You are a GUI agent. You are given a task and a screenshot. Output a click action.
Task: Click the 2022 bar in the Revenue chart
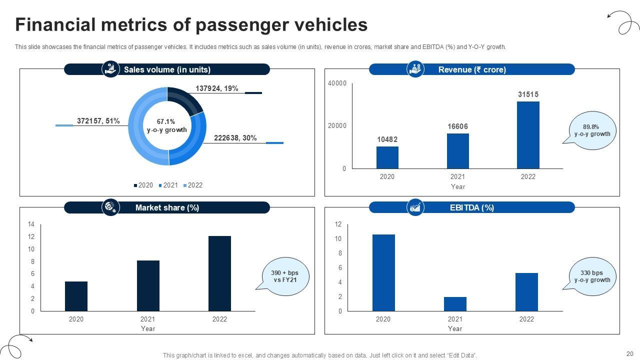(x=528, y=135)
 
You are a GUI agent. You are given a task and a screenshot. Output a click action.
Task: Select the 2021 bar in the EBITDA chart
(x=455, y=304)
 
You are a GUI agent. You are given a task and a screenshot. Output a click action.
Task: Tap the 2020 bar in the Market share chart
(x=76, y=296)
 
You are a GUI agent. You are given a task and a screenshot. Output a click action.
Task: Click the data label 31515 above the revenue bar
(x=528, y=94)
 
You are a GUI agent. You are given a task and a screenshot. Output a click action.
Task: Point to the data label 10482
(x=387, y=139)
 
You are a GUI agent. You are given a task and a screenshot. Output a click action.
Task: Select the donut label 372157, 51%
(x=98, y=121)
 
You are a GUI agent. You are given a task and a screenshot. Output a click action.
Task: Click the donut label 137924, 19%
(x=216, y=88)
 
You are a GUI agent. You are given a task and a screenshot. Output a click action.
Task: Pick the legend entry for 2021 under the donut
(x=168, y=185)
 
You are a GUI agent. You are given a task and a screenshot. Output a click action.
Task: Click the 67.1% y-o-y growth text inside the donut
(x=166, y=125)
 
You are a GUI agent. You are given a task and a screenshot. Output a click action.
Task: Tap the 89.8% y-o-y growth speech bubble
(x=592, y=130)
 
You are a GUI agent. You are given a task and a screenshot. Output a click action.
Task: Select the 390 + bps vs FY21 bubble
(x=284, y=276)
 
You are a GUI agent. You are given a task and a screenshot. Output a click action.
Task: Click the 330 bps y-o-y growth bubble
(x=592, y=276)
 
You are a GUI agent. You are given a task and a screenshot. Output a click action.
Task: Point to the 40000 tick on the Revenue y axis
(x=337, y=83)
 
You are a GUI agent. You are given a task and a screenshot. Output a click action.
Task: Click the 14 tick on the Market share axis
(x=31, y=224)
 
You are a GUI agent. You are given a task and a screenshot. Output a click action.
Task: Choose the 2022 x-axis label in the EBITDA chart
(x=526, y=319)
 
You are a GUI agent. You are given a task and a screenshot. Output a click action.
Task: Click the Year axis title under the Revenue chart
(x=457, y=186)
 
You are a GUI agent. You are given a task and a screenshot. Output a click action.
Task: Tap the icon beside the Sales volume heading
(x=110, y=69)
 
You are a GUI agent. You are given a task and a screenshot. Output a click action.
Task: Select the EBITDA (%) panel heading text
(x=471, y=207)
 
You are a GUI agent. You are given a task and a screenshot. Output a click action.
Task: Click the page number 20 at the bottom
(x=629, y=353)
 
